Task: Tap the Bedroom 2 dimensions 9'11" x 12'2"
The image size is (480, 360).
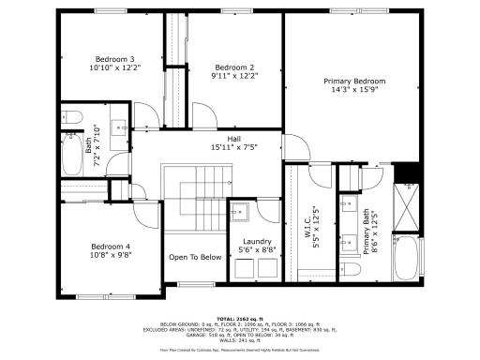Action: [x=234, y=76]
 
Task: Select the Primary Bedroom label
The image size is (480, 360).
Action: [x=354, y=81]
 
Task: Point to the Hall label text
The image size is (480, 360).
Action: [x=220, y=138]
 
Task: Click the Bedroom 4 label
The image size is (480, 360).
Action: [x=111, y=246]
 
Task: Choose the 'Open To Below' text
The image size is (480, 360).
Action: [x=195, y=257]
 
